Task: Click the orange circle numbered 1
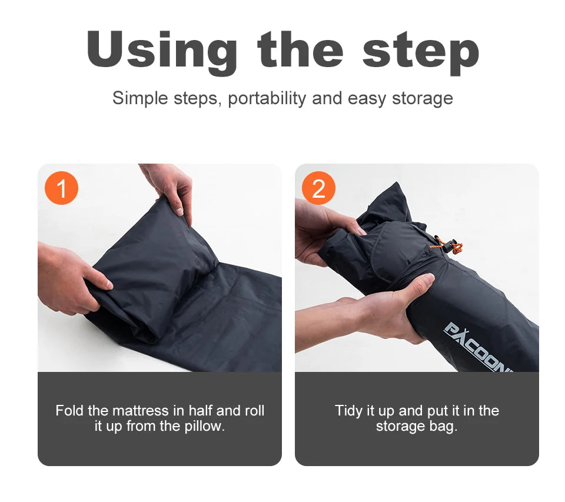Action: [61, 188]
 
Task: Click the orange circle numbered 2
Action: [318, 188]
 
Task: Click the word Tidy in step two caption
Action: [348, 411]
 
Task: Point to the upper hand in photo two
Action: [324, 230]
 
